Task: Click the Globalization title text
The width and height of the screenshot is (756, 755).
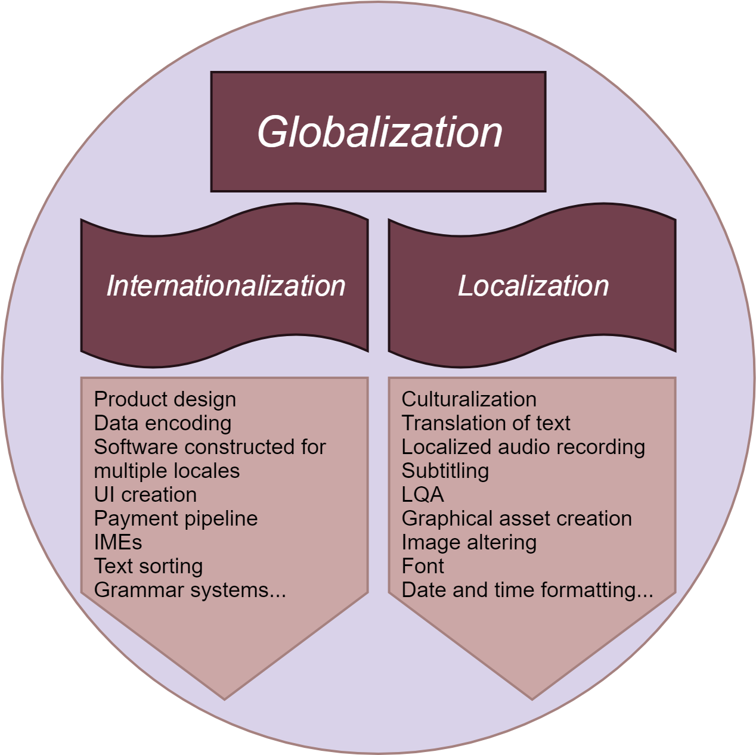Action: point(380,132)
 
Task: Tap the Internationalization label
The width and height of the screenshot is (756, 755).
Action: point(225,285)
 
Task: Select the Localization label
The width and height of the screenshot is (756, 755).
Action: point(533,285)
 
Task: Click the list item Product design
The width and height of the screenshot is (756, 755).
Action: point(165,399)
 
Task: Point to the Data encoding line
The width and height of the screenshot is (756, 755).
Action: point(162,423)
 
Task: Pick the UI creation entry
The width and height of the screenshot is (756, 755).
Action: point(145,495)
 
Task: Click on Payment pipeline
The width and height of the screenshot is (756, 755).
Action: point(175,518)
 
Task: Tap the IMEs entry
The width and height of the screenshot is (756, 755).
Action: point(117,542)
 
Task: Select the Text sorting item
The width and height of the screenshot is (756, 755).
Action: point(148,566)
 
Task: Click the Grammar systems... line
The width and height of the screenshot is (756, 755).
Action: point(190,590)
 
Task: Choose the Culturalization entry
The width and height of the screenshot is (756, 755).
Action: point(469,399)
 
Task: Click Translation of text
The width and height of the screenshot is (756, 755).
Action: point(485,423)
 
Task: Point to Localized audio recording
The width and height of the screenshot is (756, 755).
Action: point(523,447)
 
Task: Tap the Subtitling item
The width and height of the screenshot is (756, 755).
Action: point(445,471)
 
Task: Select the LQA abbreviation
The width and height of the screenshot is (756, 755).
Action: point(422,495)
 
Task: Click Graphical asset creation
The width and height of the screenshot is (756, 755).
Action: point(516,518)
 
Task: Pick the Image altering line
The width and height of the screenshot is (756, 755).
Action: point(469,542)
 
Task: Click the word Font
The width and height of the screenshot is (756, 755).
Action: point(422,566)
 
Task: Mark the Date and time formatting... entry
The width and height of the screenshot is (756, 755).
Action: point(527,590)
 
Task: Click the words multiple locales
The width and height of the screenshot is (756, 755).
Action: point(166,471)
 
